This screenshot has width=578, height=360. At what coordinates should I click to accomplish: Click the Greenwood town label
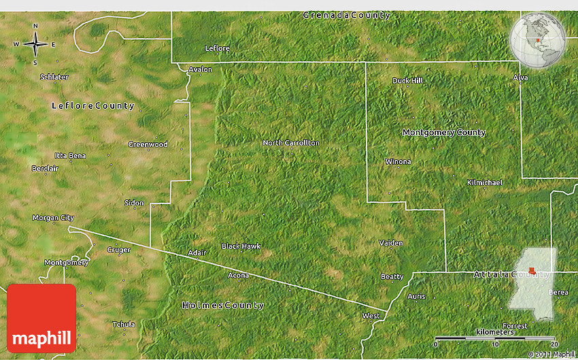[x=148, y=144]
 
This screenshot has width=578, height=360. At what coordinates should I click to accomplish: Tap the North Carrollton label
[x=291, y=143]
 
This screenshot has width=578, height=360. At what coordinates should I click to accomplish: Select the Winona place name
[x=398, y=162]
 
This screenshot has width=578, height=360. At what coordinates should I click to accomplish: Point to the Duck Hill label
[x=407, y=80]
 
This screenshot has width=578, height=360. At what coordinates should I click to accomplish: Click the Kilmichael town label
[x=485, y=183]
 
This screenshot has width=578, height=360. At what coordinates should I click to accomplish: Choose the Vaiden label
[x=391, y=243]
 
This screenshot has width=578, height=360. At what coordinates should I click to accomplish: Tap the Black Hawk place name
[x=241, y=246]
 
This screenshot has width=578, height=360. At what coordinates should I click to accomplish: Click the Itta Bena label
[x=71, y=156]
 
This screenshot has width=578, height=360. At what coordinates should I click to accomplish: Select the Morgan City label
[x=53, y=218]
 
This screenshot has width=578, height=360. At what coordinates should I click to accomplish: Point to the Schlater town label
[x=54, y=77]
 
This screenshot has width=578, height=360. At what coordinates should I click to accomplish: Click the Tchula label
[x=124, y=324]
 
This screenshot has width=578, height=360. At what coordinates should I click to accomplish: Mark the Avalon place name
[x=201, y=69]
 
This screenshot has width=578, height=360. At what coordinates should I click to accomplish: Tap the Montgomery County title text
[x=444, y=133]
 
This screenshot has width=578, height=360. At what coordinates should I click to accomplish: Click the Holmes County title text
[x=223, y=306]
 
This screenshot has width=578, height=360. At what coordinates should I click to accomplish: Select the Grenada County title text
[x=347, y=15]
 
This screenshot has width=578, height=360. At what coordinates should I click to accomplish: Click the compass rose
[x=35, y=46]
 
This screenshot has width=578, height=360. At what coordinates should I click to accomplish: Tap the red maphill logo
[x=41, y=318]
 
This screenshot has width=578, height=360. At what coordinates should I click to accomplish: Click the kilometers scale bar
[x=495, y=338]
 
